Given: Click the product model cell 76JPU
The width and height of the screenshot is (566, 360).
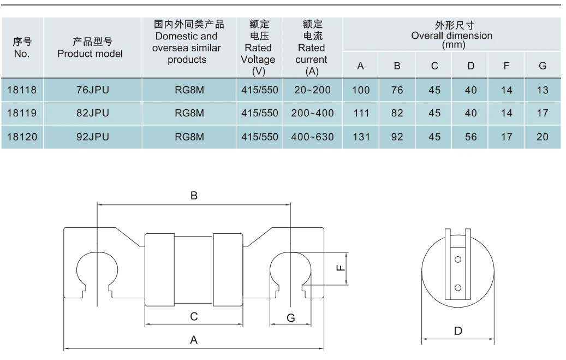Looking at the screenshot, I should click(92, 90).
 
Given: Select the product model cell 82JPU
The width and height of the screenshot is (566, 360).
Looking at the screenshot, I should click(92, 114).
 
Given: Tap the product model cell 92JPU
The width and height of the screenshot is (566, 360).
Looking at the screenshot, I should click(92, 137).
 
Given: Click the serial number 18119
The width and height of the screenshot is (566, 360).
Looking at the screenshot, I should click(22, 114).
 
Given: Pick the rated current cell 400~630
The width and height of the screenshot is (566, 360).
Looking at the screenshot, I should click(312, 137).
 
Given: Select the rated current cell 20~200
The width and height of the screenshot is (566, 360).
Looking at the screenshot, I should click(312, 90).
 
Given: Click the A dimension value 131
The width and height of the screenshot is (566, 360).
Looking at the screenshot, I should click(361, 137).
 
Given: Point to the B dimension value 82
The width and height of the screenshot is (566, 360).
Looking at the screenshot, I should click(397, 114).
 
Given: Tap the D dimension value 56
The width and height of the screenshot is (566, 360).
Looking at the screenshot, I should click(470, 137).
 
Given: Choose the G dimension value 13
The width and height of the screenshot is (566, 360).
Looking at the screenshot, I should click(542, 90).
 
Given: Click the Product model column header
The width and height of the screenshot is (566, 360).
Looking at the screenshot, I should click(90, 48).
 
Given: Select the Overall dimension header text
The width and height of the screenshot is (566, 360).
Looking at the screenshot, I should click(451, 36).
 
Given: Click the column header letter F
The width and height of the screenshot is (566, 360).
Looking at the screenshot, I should click(507, 66).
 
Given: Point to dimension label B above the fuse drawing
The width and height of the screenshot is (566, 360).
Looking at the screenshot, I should click(194, 196).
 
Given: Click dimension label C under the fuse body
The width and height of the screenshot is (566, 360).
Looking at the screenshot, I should click(194, 316).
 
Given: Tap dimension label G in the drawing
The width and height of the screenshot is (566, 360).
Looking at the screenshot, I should click(291, 317).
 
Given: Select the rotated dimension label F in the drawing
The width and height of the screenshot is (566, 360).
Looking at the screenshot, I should click(339, 268).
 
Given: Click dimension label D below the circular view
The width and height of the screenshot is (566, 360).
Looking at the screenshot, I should click(458, 331).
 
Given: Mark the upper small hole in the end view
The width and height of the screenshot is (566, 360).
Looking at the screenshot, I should click(458, 259).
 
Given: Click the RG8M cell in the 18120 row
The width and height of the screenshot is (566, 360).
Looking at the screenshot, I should click(189, 137).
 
